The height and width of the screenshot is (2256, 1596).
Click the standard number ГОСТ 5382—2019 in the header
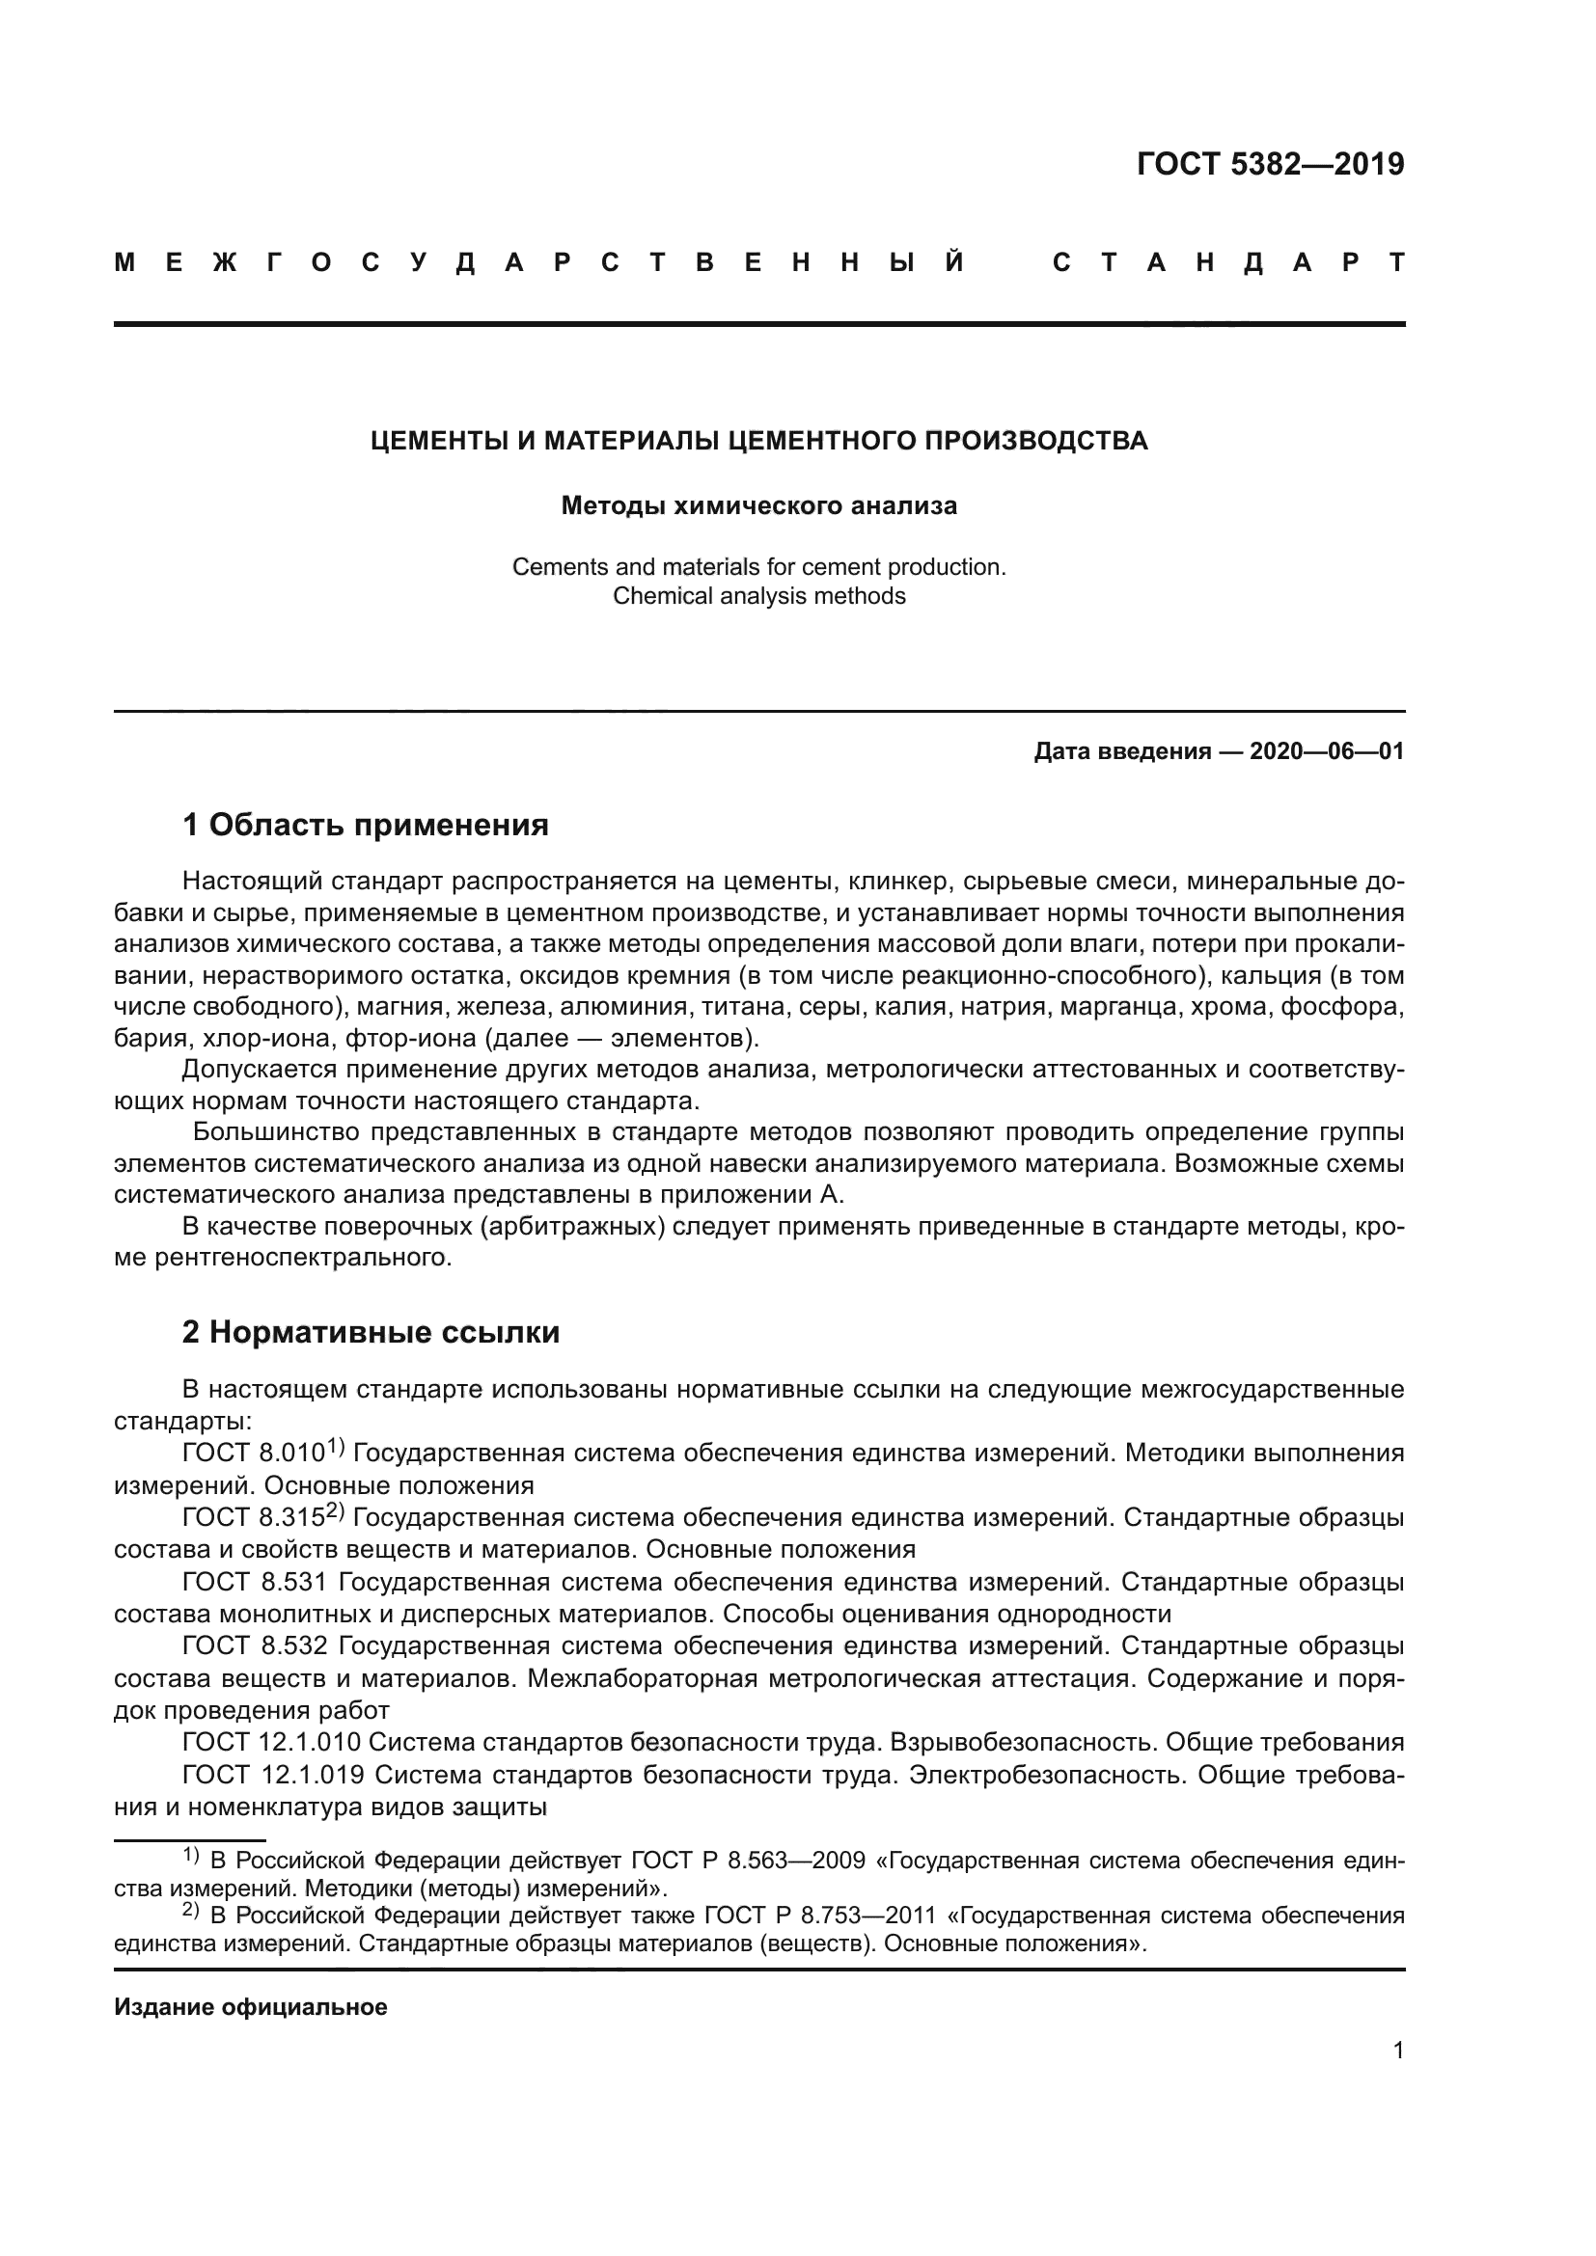point(1270,164)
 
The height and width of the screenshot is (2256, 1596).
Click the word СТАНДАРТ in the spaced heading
point(1228,263)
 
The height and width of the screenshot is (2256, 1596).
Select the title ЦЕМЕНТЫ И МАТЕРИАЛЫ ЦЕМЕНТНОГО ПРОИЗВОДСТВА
point(758,441)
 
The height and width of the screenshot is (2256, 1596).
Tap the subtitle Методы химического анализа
point(758,506)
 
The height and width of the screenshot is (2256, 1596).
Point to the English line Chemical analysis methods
point(758,596)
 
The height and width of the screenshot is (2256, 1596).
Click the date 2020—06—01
point(1327,752)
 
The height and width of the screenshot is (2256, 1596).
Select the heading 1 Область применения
point(365,826)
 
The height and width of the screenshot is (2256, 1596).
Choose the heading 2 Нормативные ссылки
point(371,1332)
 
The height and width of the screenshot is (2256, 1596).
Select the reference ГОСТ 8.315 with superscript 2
point(258,1518)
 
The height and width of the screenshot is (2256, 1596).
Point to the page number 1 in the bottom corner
point(1398,2052)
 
